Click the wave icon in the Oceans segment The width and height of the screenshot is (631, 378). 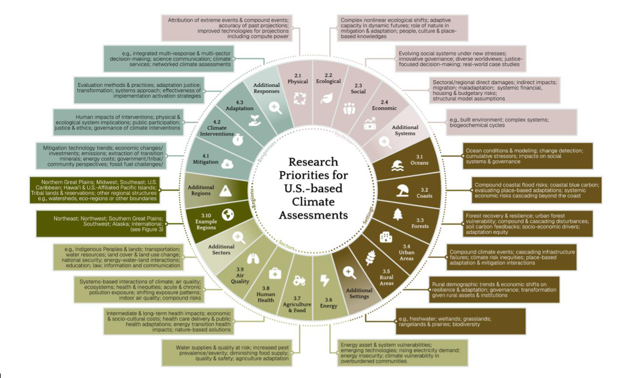398,165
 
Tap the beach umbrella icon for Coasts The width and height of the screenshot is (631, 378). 402,190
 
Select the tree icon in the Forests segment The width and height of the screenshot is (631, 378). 398,214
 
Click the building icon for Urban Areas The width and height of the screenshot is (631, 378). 386,237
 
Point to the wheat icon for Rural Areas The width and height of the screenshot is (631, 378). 371,258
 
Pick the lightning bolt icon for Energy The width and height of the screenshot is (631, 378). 325,280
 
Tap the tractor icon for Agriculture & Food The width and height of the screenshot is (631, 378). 299,281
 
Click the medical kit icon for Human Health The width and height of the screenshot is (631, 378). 275,273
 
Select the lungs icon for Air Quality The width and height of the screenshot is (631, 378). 253,259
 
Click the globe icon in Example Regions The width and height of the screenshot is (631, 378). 228,214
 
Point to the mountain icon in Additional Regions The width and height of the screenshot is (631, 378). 225,191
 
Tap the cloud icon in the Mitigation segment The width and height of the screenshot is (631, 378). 227,164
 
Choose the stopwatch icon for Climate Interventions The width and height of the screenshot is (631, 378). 238,139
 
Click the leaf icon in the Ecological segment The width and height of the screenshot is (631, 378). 327,99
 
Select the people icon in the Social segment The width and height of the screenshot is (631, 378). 349,108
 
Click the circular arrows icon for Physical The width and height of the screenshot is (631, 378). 300,99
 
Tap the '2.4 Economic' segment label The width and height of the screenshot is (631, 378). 384,105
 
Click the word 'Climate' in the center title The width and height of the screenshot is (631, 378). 313,202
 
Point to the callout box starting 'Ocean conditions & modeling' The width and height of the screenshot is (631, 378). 528,156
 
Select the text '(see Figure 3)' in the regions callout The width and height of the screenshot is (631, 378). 147,229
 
